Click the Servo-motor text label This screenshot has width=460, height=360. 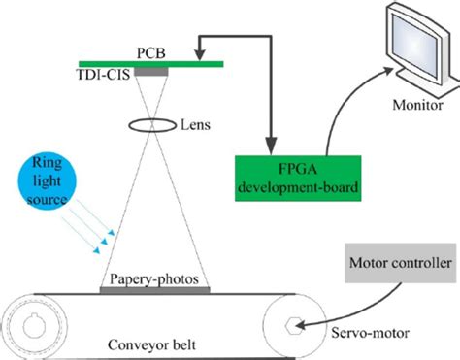click(364, 335)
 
